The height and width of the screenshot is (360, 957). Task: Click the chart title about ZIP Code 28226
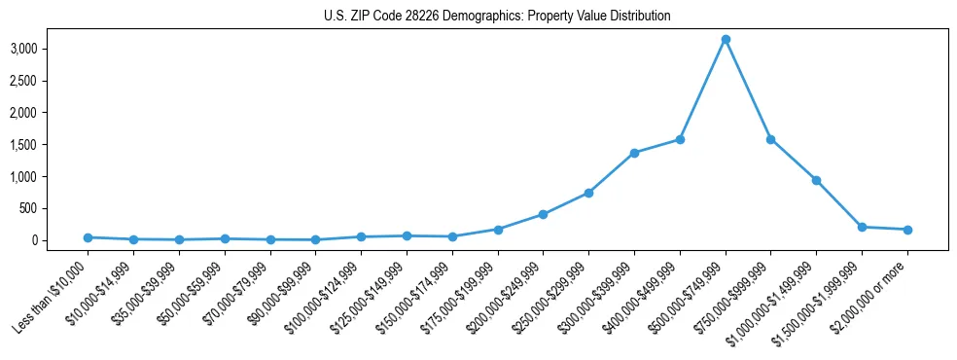pyautogui.click(x=497, y=17)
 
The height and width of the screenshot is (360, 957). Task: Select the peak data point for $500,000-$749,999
pyautogui.click(x=726, y=39)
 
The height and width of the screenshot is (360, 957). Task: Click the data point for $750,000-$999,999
pyautogui.click(x=770, y=139)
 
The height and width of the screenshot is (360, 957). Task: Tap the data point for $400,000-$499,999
pyautogui.click(x=680, y=139)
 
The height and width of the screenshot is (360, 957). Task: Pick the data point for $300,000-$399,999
pyautogui.click(x=634, y=153)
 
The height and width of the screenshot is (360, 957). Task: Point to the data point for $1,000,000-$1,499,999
pyautogui.click(x=816, y=180)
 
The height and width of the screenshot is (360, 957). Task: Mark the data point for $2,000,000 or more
pyautogui.click(x=907, y=230)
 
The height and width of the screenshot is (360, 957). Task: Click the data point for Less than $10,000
pyautogui.click(x=88, y=237)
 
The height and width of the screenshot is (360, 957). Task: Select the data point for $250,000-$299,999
pyautogui.click(x=588, y=193)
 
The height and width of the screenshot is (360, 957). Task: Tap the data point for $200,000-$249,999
pyautogui.click(x=543, y=214)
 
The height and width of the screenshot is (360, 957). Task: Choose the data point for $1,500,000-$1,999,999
pyautogui.click(x=862, y=227)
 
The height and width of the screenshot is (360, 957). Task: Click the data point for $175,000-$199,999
pyautogui.click(x=497, y=230)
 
